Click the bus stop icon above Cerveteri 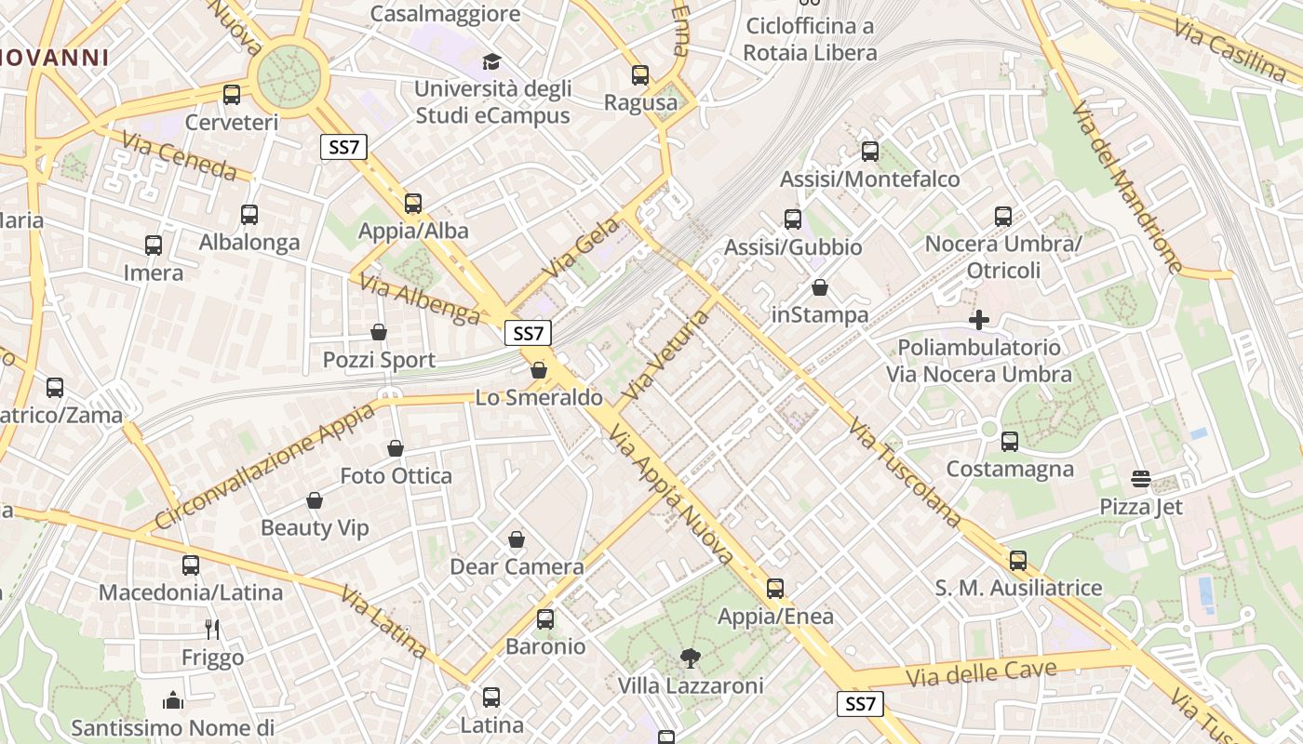[232, 94]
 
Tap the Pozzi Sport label [379, 360]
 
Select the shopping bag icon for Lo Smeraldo [538, 370]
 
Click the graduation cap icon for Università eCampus [490, 61]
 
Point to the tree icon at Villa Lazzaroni [690, 658]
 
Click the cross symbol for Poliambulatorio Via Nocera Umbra [978, 320]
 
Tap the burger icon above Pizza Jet [1141, 479]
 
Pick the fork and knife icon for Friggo [212, 630]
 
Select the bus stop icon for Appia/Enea [775, 588]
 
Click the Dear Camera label [517, 566]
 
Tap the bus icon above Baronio [545, 618]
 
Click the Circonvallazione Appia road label [266, 465]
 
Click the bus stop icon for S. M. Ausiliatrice [1018, 560]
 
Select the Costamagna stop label [1010, 469]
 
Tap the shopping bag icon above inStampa [819, 287]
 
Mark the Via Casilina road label [1229, 46]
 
